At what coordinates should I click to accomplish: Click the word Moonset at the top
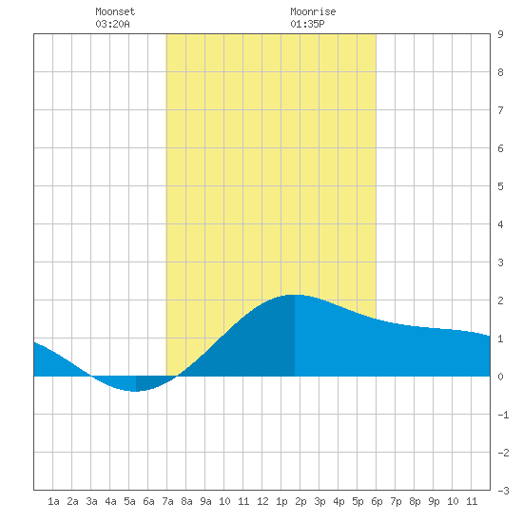point(115,11)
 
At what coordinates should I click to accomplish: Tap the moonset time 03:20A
point(112,24)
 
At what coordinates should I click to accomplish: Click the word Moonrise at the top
point(313,11)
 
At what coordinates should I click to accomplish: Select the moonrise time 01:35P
point(307,24)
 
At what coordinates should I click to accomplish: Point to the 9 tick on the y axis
point(500,34)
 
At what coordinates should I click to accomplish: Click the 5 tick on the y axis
point(500,186)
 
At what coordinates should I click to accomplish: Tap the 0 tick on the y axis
point(500,377)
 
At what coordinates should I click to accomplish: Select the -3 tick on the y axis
point(503,491)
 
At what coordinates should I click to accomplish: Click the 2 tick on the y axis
point(500,300)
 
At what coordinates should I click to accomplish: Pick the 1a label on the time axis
point(53,501)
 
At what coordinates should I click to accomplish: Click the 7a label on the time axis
point(167,501)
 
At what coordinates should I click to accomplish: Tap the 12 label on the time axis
point(262,501)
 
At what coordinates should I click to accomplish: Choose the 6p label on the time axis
point(377,501)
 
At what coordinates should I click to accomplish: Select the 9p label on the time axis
point(434,501)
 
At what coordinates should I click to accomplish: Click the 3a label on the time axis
point(91,501)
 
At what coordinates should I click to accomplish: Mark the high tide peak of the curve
point(294,295)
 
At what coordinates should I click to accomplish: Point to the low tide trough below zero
point(135,391)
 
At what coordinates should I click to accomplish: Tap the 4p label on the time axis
point(339,501)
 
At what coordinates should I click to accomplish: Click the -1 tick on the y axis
point(503,415)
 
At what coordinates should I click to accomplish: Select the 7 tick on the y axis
point(500,110)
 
